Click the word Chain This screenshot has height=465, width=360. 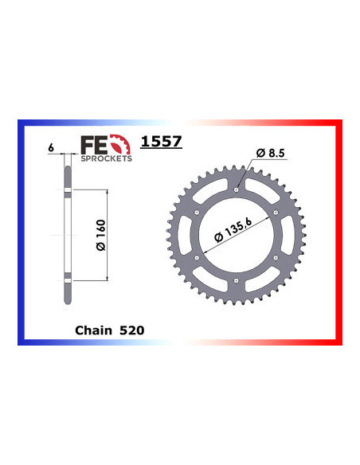tap(92, 327)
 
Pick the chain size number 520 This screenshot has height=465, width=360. tap(132, 327)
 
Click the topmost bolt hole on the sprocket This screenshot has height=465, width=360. tap(237, 189)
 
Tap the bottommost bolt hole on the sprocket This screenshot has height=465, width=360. tap(237, 281)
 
